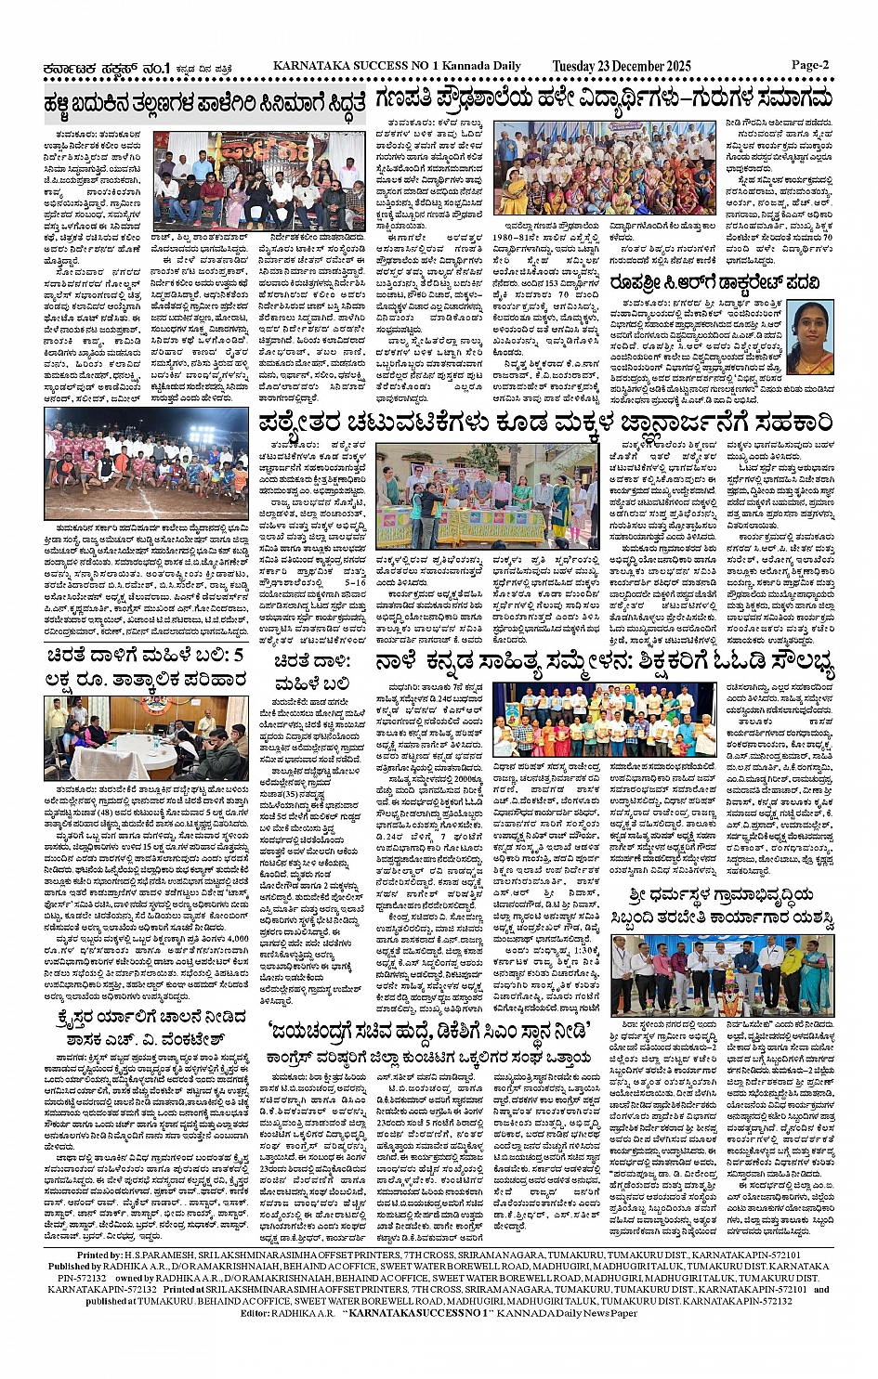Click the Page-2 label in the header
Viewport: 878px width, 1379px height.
[809, 65]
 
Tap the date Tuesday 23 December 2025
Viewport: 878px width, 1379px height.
[622, 66]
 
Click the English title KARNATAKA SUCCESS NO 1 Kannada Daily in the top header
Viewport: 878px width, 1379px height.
[397, 66]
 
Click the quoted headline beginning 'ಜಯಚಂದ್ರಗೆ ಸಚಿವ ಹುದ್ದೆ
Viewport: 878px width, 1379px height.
[428, 1030]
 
